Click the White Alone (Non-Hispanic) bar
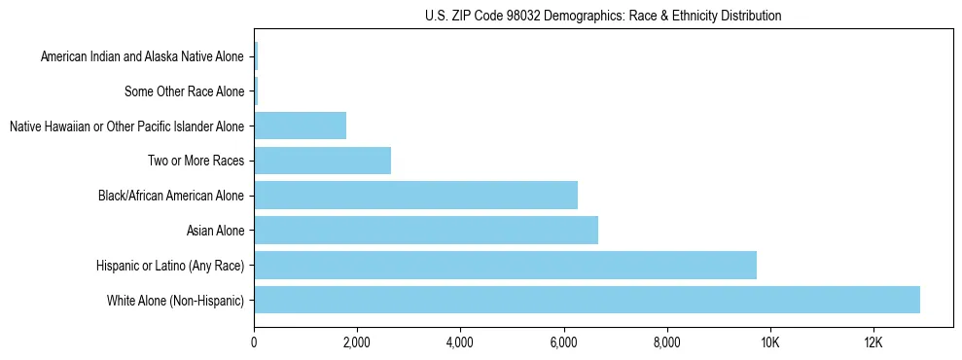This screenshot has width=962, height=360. (587, 300)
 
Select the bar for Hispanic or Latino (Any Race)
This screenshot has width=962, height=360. (505, 265)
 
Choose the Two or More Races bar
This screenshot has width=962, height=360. (322, 161)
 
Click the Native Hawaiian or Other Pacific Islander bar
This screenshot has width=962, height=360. (300, 126)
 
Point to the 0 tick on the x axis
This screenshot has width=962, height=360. (254, 342)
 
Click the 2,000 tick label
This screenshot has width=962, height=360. (357, 342)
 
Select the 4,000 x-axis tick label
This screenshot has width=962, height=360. (460, 342)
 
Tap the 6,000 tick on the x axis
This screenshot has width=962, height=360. (563, 342)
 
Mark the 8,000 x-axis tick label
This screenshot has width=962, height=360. (666, 342)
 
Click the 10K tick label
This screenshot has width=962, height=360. (769, 342)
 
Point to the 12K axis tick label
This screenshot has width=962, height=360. (873, 342)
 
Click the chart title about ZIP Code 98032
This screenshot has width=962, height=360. (603, 16)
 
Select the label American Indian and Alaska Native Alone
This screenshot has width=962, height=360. (142, 56)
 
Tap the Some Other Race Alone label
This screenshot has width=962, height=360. (184, 91)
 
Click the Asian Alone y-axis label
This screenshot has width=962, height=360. (215, 231)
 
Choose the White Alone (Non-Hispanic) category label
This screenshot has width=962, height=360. (175, 301)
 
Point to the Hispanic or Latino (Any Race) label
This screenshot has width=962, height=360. (170, 266)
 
